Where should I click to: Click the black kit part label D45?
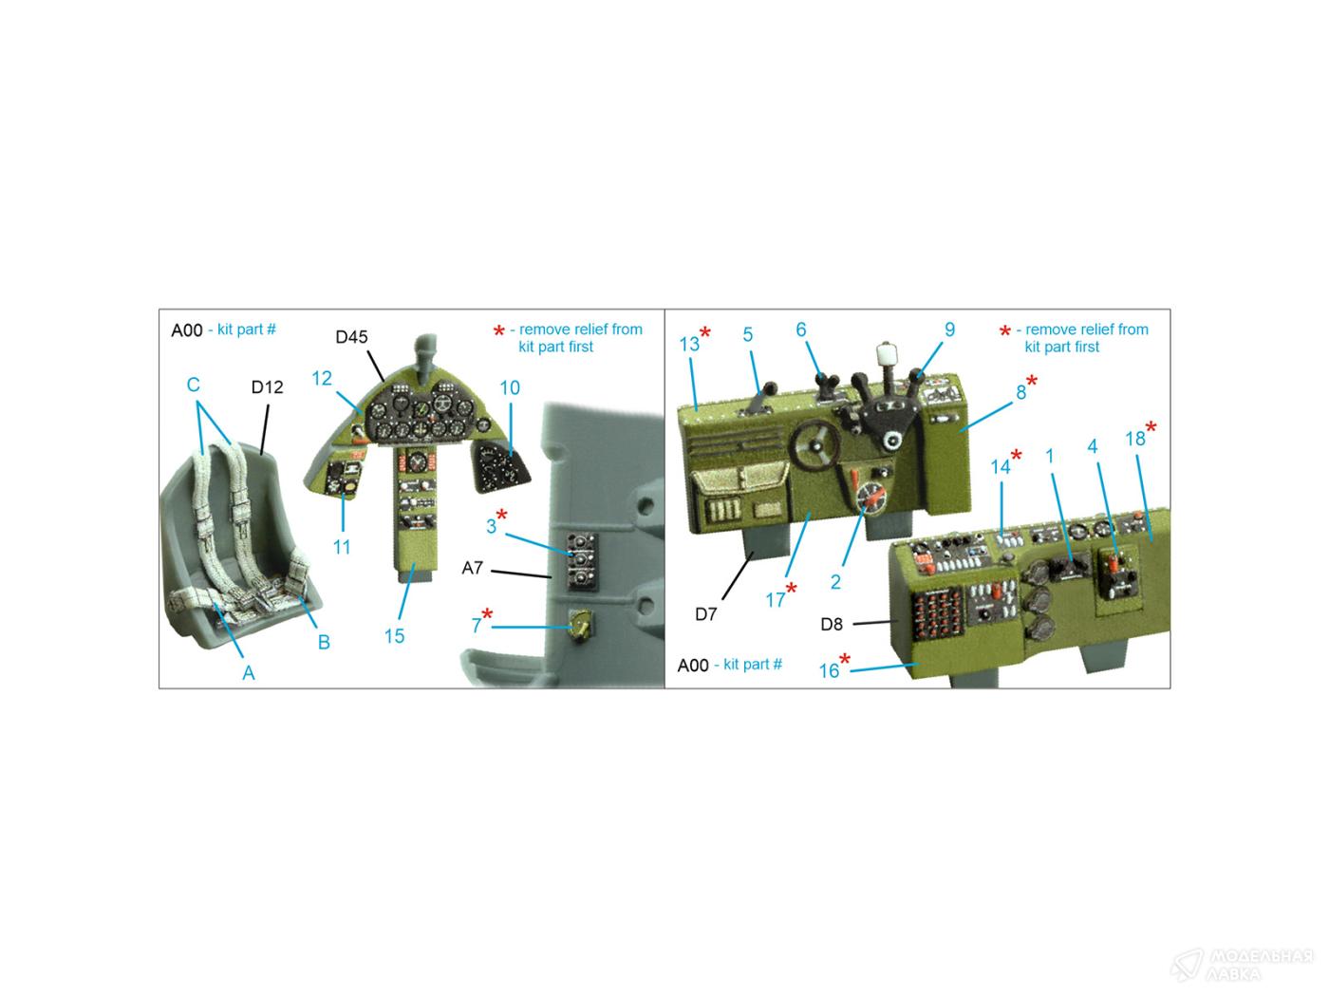pyautogui.click(x=351, y=336)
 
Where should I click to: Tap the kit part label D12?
pyautogui.click(x=267, y=386)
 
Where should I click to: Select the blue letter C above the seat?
pyautogui.click(x=193, y=385)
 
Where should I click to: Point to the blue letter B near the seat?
pyautogui.click(x=324, y=642)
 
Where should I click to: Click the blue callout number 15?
pyautogui.click(x=394, y=635)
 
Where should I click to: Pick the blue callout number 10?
pyautogui.click(x=510, y=387)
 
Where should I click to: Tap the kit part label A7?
pyautogui.click(x=472, y=568)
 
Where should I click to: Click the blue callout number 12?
pyautogui.click(x=322, y=378)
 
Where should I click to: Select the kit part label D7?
pyautogui.click(x=705, y=614)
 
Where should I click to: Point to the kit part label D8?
pyautogui.click(x=832, y=624)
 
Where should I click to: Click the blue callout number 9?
pyautogui.click(x=949, y=329)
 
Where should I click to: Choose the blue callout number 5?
pyautogui.click(x=748, y=334)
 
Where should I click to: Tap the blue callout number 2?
pyautogui.click(x=835, y=582)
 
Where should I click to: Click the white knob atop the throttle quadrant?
pyautogui.click(x=885, y=352)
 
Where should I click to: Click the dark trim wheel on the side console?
pyautogui.click(x=814, y=445)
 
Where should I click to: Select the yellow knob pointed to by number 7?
pyautogui.click(x=579, y=626)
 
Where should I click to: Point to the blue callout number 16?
pyautogui.click(x=829, y=670)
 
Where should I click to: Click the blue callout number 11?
pyautogui.click(x=342, y=547)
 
